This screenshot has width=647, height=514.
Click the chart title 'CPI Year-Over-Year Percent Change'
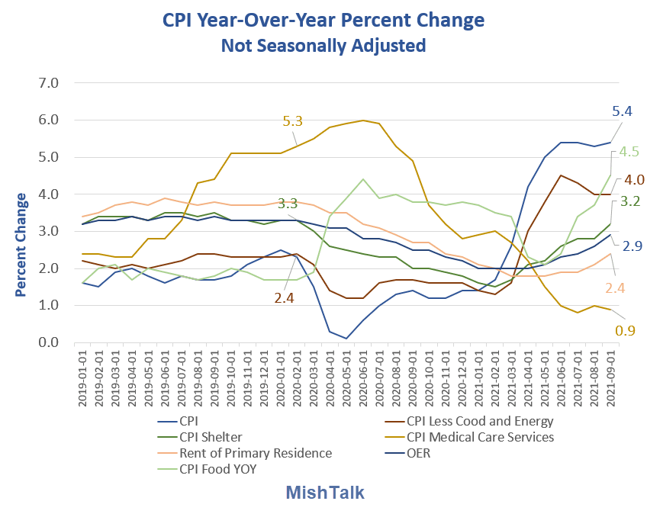[x=323, y=19]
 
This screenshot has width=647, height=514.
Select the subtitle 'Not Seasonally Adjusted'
[x=323, y=46]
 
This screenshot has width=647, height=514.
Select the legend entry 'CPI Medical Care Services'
[x=480, y=437]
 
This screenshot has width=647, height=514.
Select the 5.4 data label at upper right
[x=623, y=111]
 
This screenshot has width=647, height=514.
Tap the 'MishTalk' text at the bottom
[x=324, y=493]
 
